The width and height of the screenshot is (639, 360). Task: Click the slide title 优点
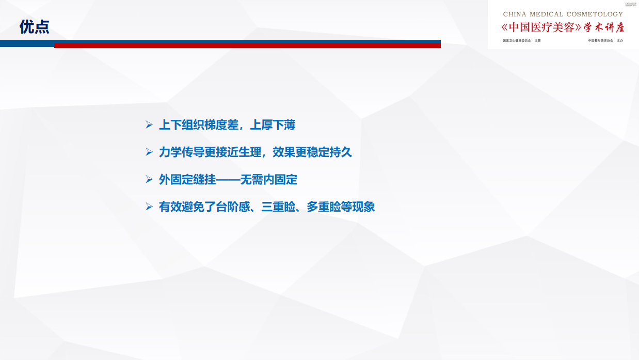(x=35, y=27)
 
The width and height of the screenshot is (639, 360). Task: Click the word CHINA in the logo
(x=515, y=14)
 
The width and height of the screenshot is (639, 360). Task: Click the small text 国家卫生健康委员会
(x=517, y=40)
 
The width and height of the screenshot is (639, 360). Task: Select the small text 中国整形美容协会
(x=600, y=40)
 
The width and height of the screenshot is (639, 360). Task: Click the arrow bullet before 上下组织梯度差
(x=149, y=125)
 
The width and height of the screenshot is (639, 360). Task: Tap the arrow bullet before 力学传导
(x=149, y=152)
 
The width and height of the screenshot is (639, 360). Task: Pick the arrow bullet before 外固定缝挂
(x=149, y=180)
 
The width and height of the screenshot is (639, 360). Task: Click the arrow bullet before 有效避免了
(x=149, y=207)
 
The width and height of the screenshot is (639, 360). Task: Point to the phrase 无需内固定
(x=268, y=180)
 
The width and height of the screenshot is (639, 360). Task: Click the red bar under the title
(x=247, y=45)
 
